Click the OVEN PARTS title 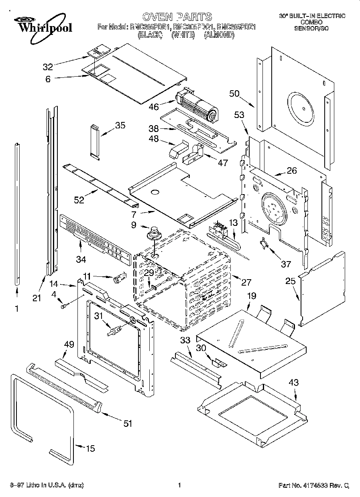177,17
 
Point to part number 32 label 48,67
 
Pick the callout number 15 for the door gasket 91,448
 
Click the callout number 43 294,383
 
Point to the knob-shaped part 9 153,233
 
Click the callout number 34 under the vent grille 81,260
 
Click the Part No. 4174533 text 313,486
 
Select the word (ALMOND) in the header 219,35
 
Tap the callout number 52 79,199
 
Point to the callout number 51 128,423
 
